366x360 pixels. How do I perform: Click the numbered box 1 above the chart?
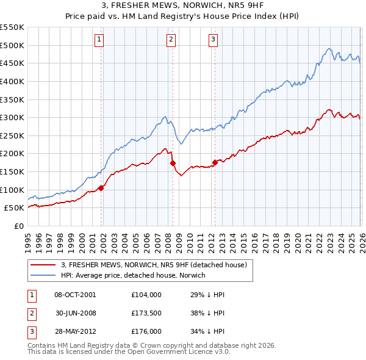coord(99,40)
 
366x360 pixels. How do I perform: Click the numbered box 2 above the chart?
coord(170,40)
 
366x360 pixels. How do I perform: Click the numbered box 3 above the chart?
coord(213,40)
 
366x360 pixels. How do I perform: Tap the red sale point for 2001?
coord(101,188)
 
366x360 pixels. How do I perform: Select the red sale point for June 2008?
coord(173,163)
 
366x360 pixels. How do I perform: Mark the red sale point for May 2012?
coord(215,162)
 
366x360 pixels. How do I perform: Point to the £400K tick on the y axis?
coord(12,81)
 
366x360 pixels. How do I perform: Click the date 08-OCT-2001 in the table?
coord(75,295)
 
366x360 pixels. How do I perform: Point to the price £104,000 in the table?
coord(146,295)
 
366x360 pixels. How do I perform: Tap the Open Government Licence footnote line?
coord(129,352)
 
